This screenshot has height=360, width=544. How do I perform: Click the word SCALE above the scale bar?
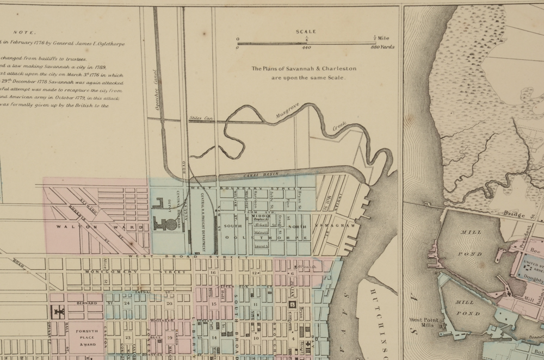[x=306, y=32]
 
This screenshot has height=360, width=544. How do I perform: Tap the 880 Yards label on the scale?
[x=383, y=48]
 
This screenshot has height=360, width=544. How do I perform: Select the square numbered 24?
[x=127, y=303]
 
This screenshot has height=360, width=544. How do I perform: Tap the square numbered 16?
[x=214, y=272]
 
